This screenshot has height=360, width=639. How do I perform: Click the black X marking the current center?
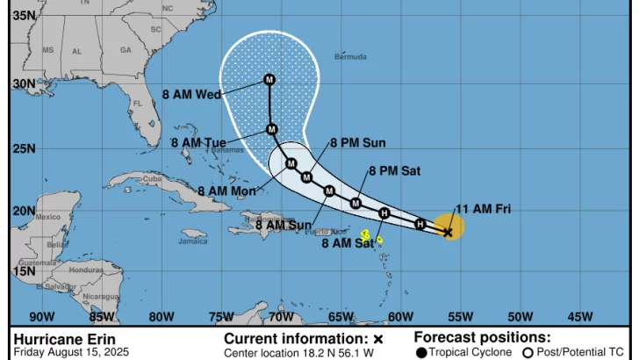coord(448,233)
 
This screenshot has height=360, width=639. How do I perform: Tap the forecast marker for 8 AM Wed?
coord(269,80)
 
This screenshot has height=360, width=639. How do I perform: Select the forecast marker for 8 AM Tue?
coord(272,129)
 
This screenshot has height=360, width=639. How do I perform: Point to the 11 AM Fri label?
coord(483,209)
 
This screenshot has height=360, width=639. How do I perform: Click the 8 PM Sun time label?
coord(357,143)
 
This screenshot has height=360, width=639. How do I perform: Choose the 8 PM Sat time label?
coord(394,171)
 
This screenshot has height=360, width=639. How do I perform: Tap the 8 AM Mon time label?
coord(226,191)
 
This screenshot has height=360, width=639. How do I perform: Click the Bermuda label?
coord(350,57)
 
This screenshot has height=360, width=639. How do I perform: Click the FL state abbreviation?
coord(137,103)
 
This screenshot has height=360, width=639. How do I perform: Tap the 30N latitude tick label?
coord(24,84)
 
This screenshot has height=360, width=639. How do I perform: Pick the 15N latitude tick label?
coord(24,271)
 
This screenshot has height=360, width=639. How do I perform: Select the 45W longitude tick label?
coord(580,317)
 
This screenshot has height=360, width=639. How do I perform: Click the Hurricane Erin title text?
coord(64,339)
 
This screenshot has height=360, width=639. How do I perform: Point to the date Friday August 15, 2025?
coord(71,352)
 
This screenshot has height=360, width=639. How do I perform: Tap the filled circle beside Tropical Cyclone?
coord(421,353)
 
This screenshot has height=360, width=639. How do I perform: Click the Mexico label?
coord(47,217)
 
